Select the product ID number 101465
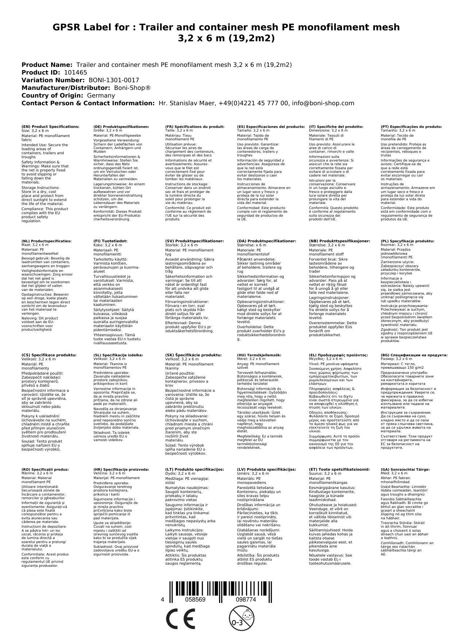click(x=76, y=72)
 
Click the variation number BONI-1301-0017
click(x=114, y=80)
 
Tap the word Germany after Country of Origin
click(x=101, y=95)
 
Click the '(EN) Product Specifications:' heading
click(x=50, y=126)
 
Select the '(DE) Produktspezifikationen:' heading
click(x=121, y=126)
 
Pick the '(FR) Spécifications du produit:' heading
click(x=195, y=126)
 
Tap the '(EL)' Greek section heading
click(x=338, y=355)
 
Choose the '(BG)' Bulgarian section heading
click(x=414, y=355)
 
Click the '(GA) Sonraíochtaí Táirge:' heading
click(x=405, y=469)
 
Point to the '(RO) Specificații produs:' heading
click(x=45, y=469)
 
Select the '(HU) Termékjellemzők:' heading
click(x=259, y=355)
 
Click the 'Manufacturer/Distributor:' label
click(x=66, y=88)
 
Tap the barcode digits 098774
click(x=246, y=600)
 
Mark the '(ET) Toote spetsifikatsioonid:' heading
click(x=339, y=469)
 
